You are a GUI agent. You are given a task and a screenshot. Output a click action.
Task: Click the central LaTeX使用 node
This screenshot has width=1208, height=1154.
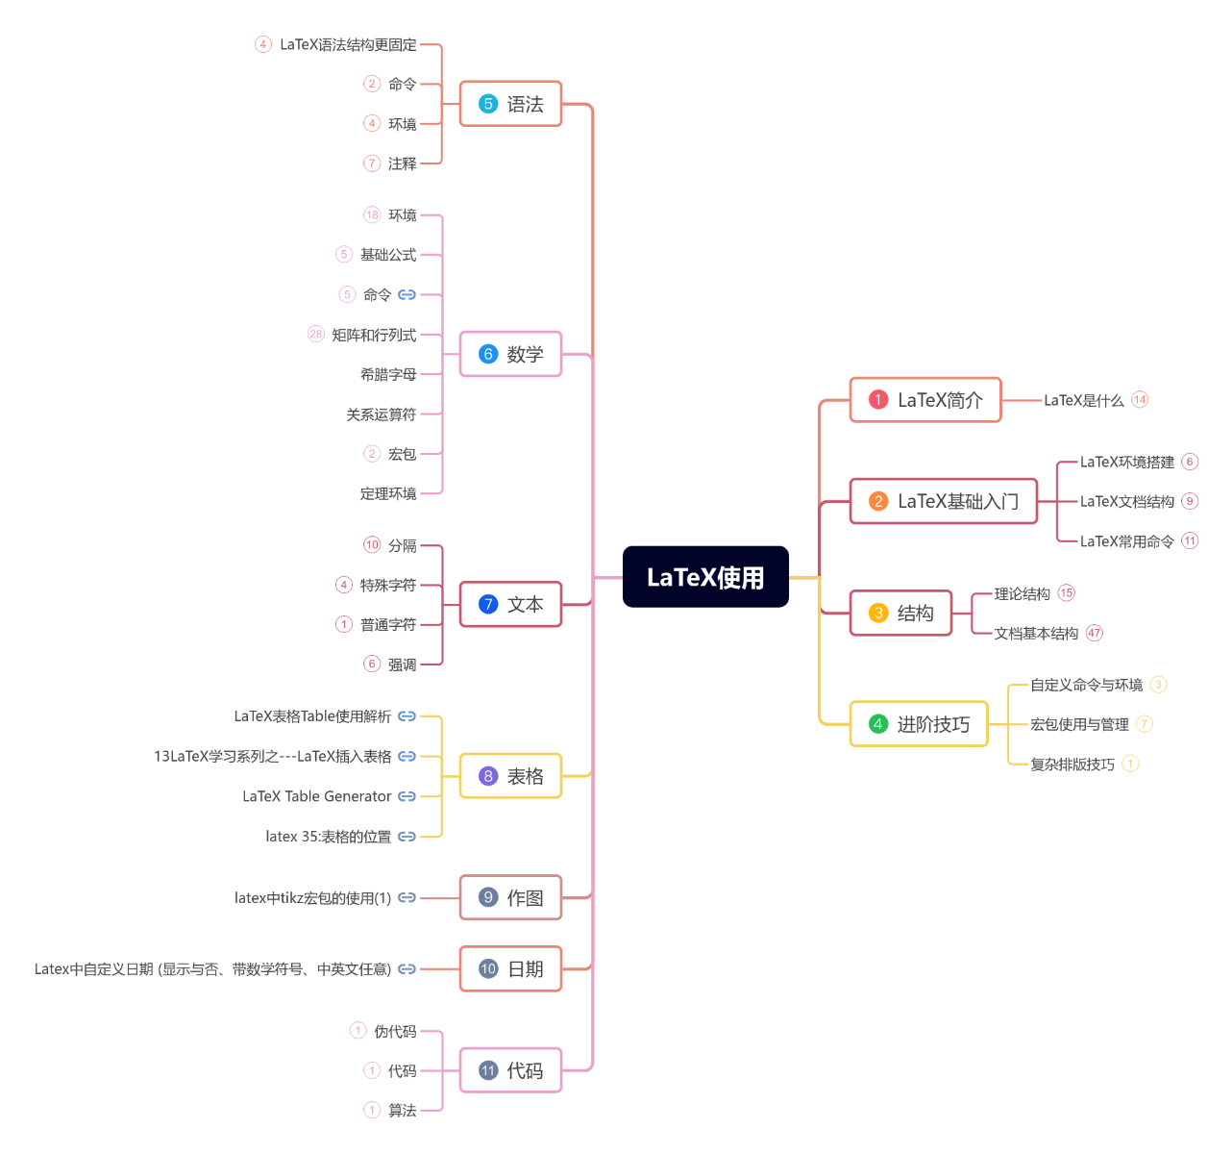705,577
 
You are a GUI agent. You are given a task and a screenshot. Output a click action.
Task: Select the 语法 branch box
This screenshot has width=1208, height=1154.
510,104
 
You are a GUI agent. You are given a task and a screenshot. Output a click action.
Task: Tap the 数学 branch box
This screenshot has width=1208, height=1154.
510,354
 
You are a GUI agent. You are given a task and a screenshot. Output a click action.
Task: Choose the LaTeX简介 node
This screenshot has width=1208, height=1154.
925,400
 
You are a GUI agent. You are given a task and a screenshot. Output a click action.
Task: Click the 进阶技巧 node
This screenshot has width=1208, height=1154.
919,724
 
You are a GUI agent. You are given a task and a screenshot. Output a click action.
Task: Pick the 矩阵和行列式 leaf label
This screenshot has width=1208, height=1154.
374,335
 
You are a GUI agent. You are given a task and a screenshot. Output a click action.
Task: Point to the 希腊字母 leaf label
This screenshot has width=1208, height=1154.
388,374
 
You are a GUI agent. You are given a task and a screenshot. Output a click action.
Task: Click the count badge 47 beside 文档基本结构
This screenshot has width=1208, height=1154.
1095,633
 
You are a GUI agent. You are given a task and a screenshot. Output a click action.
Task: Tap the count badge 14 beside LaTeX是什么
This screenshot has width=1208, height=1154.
1140,400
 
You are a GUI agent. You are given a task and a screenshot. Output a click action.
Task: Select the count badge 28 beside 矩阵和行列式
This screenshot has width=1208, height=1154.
316,335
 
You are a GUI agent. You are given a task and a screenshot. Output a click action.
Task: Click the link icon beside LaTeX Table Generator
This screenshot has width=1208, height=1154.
407,796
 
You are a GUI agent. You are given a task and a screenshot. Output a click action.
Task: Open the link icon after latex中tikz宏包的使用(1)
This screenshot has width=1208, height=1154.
407,897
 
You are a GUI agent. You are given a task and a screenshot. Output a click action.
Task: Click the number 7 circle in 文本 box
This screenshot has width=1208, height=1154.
488,604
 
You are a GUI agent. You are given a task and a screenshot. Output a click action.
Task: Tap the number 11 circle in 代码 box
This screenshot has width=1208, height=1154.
488,1070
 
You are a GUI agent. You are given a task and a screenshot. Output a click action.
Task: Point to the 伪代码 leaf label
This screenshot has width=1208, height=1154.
395,1031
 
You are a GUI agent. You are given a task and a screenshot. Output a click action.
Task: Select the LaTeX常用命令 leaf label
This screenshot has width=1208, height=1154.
1126,541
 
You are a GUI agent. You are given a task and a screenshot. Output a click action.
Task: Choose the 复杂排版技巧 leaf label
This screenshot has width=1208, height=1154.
1072,765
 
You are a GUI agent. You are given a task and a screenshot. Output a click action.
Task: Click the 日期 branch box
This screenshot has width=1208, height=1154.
510,969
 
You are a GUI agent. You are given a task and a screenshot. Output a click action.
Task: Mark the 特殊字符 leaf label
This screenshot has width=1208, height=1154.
388,585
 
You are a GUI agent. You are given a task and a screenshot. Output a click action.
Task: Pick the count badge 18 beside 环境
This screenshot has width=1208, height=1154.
372,214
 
